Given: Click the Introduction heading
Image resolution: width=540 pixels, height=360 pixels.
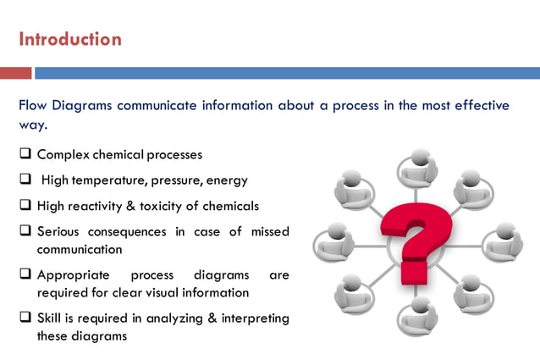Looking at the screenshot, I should (70, 39).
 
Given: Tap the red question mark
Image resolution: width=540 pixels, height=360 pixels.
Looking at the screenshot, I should (414, 239).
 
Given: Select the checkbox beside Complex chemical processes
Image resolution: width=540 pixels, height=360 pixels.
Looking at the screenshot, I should (25, 155).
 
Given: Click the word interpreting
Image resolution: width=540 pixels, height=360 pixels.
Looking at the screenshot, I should (251, 318).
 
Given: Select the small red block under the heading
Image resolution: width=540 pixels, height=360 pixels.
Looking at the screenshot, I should (15, 74).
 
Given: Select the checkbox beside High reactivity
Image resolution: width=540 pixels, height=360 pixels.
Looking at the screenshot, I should (25, 206).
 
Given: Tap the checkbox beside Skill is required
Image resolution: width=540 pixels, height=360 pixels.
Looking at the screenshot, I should (25, 318).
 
